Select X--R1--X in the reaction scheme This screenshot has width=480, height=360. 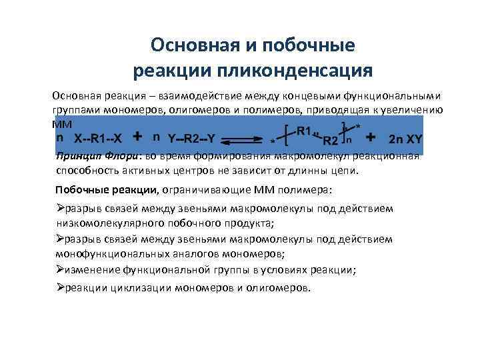[98, 138]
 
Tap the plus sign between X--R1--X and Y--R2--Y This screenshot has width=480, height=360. [137, 137]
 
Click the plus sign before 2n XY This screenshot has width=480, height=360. [371, 137]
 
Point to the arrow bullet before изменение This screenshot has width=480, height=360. [60, 270]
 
